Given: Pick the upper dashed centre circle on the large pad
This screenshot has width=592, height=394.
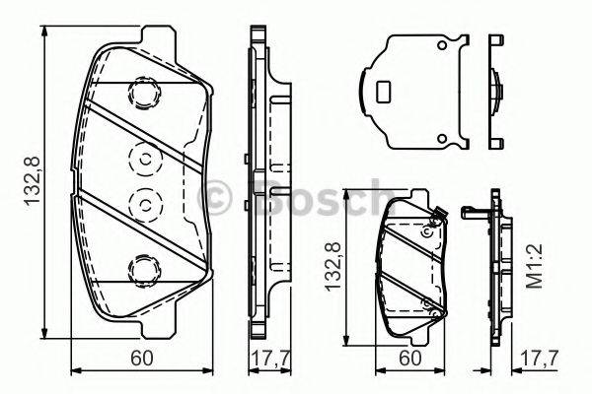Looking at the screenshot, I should pos(144,159).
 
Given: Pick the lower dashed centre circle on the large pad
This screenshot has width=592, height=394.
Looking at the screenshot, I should pos(144,204).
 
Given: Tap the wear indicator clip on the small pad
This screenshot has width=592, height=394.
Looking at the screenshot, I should pos(441,215).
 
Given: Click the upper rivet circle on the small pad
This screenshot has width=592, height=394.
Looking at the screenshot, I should pos(426,232).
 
